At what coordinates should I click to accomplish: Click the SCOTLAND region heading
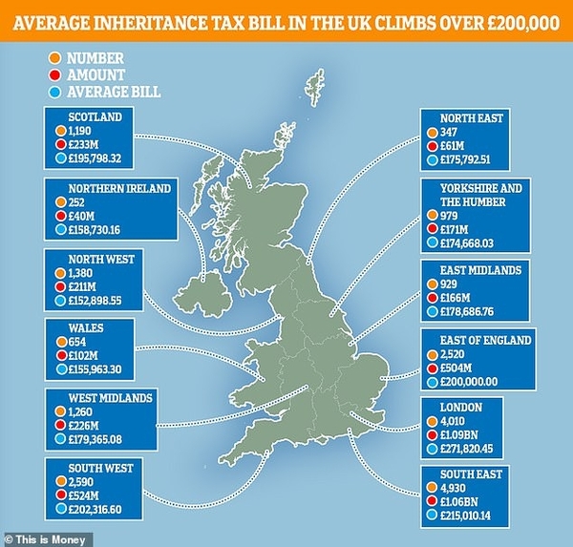(84, 118)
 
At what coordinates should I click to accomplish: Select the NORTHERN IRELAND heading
(106, 188)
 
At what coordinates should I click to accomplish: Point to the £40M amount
(80, 215)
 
